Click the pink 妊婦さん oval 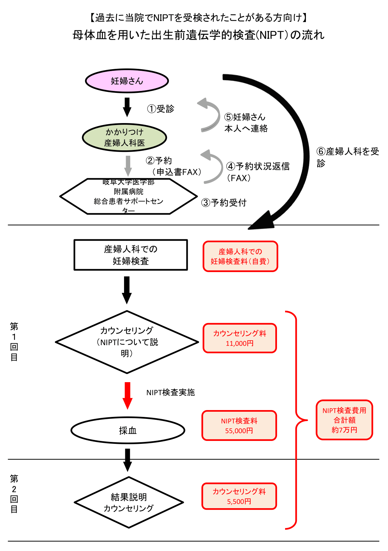tap(127, 81)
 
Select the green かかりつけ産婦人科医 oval tap(124, 137)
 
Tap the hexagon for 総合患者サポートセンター tap(129, 196)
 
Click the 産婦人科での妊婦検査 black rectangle tap(131, 255)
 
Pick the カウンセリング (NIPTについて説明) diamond tap(127, 342)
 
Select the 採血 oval tap(128, 431)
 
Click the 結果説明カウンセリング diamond tap(129, 502)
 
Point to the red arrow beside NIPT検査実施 tap(128, 395)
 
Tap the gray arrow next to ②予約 tap(128, 166)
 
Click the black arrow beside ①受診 tap(127, 107)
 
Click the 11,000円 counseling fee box tap(240, 338)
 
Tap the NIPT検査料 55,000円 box tap(239, 426)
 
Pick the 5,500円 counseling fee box tap(239, 496)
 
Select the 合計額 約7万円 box tap(344, 420)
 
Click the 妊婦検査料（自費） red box tap(240, 256)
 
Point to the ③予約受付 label tap(224, 203)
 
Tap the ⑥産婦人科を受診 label tap(347, 157)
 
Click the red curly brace tap(296, 420)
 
